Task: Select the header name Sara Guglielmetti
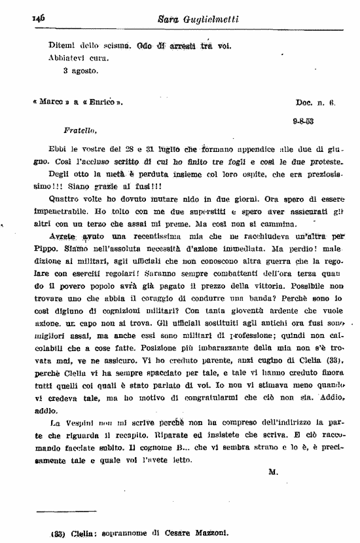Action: pos(189,20)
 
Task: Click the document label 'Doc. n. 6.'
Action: pos(315,103)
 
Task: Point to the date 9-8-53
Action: pos(303,121)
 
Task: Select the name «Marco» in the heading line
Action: pos(50,103)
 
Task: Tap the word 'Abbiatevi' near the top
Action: pos(67,58)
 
